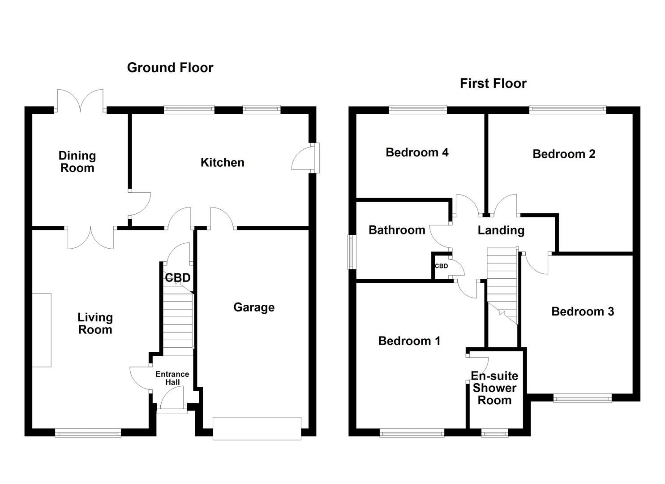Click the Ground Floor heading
170,68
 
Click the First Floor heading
493,83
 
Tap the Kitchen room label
222,162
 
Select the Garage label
254,307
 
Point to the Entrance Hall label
172,378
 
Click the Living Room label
95,324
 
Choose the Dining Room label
77,162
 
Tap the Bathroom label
397,230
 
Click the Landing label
501,230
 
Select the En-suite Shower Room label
494,388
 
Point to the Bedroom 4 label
417,152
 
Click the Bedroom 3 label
582,311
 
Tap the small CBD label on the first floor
441,266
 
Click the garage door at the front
257,429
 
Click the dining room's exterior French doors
80,103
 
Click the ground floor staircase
178,320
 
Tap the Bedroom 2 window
567,109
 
